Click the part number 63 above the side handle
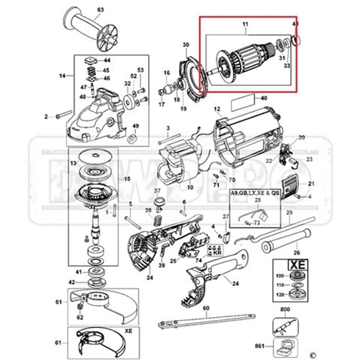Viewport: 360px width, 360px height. (x=100, y=9)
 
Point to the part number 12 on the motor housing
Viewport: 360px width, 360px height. (x=217, y=109)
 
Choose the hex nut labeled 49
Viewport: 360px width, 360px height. (x=132, y=139)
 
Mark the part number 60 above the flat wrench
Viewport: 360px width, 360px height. (x=206, y=308)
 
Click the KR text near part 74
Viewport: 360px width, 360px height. (x=216, y=253)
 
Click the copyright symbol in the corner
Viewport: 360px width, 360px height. (x=313, y=354)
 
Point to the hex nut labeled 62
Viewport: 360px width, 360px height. (x=80, y=307)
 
